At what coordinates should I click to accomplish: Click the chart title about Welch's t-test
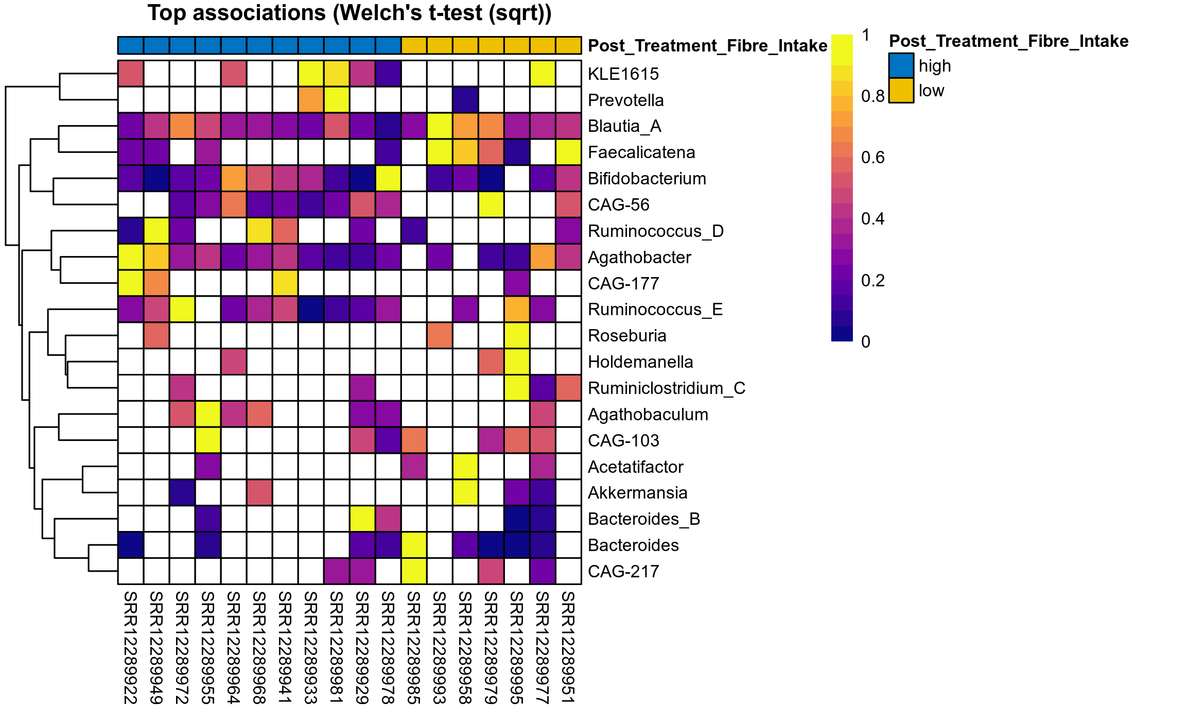point(349,13)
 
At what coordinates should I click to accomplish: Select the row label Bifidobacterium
point(646,179)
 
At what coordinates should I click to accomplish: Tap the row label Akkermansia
point(637,493)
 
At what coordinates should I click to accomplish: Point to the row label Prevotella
point(625,100)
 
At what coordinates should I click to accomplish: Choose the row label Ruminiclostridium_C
point(666,388)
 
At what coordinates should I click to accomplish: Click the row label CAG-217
point(623,572)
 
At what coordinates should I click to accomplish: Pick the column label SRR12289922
point(131,647)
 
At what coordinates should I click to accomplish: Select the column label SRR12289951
point(568,647)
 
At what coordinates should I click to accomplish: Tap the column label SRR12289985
point(414,647)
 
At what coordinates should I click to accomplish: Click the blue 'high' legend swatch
point(901,66)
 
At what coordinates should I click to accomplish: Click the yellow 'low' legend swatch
point(901,91)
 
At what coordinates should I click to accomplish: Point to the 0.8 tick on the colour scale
point(872,96)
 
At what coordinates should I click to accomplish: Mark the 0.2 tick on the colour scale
point(872,281)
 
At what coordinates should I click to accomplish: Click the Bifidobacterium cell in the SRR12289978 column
point(388,179)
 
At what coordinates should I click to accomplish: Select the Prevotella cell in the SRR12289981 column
point(337,100)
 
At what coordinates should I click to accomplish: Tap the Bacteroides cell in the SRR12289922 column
point(131,545)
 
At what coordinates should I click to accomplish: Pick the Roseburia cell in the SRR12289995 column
point(517,336)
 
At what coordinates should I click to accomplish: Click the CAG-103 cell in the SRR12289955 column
point(208,441)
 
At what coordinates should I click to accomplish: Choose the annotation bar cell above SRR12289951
point(568,45)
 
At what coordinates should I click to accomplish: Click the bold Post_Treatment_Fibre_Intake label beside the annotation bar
point(707,46)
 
